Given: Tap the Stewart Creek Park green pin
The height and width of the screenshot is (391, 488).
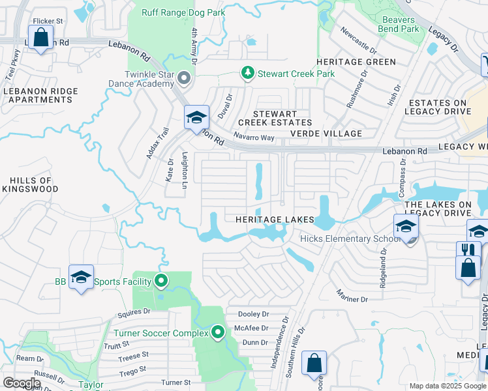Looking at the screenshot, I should [247, 73].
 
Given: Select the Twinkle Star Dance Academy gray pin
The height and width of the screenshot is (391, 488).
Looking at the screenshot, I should [183, 80].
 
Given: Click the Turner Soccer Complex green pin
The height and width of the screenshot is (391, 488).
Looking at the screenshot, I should [219, 333].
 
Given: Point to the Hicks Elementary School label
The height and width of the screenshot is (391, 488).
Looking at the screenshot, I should [350, 239].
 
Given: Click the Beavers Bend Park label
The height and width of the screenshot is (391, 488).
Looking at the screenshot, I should [399, 24].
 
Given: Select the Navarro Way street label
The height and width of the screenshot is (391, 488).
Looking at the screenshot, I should [254, 138].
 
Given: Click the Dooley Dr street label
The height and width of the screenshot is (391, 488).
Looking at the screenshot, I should [254, 314].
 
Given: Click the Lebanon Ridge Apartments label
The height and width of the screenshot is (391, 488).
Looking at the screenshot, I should [37, 95].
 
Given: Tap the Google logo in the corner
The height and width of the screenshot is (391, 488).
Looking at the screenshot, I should [21, 383].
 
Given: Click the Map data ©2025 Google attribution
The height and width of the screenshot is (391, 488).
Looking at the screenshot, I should [447, 386].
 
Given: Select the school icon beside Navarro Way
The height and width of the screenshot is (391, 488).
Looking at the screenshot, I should [196, 118].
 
